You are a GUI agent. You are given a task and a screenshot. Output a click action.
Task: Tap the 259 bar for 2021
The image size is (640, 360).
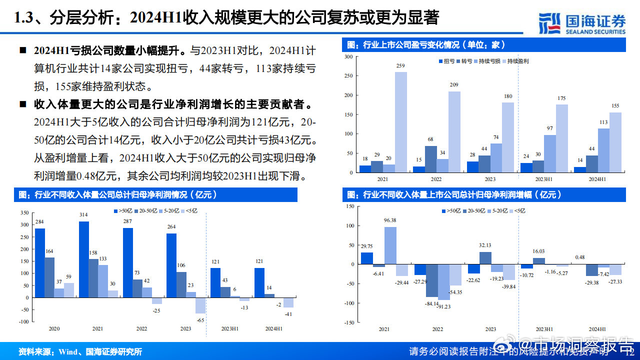coord(400,122)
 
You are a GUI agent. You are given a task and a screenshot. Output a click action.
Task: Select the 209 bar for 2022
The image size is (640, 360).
coord(454,132)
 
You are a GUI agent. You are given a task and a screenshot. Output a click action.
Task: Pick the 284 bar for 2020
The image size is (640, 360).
coord(39,263)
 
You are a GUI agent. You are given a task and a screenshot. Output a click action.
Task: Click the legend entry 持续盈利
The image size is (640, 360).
coord(517,61)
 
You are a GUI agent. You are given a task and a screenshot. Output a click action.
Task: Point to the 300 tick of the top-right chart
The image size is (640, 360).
coord(348,57)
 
